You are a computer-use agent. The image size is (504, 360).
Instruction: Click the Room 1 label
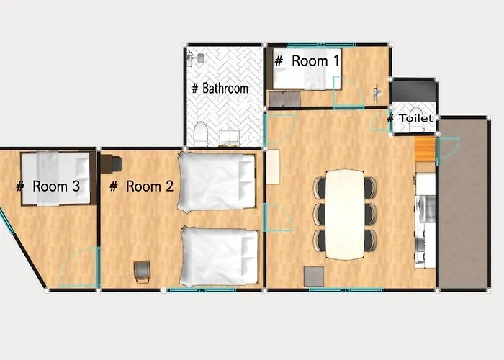(x=307, y=61)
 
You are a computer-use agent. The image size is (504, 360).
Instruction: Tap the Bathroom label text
(x=220, y=88)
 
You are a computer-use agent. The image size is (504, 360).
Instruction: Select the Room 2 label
(x=142, y=186)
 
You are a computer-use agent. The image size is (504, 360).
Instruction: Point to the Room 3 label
(x=48, y=186)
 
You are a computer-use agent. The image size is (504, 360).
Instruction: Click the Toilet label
(x=410, y=118)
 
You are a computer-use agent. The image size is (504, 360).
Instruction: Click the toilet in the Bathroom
(x=201, y=134)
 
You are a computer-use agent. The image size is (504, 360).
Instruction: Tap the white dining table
(x=345, y=214)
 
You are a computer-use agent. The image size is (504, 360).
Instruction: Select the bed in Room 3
(x=55, y=179)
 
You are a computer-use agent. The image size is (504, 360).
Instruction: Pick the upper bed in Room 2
(x=217, y=182)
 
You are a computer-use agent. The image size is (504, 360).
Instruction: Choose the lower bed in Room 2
(x=220, y=256)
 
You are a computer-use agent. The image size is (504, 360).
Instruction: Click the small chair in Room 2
(x=142, y=271)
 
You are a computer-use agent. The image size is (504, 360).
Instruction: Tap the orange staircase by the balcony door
(x=425, y=149)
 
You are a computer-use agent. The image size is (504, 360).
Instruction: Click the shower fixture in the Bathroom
(x=195, y=58)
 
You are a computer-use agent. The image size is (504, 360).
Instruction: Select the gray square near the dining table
(x=314, y=276)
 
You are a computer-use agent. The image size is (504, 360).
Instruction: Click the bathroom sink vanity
(x=230, y=138)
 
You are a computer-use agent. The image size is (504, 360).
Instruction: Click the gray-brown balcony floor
(x=463, y=204)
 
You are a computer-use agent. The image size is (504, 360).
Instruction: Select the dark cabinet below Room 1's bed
(x=285, y=99)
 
